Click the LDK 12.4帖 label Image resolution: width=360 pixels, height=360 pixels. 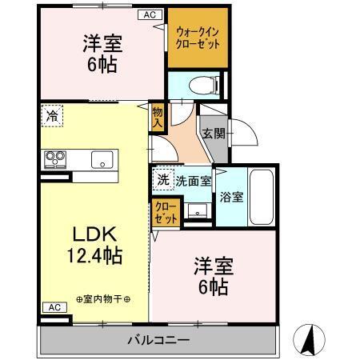[x=94, y=246]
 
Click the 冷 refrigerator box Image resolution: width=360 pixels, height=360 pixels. [x=51, y=115]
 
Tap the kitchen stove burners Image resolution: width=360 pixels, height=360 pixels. [x=55, y=158]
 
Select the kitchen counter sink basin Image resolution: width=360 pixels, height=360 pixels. [x=102, y=158]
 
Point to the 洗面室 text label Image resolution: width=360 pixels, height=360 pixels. [x=194, y=182]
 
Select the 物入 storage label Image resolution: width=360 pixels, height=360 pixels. [x=158, y=118]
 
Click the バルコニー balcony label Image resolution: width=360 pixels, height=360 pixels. [x=158, y=341]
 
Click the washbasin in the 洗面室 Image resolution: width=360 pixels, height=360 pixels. [x=196, y=211]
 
